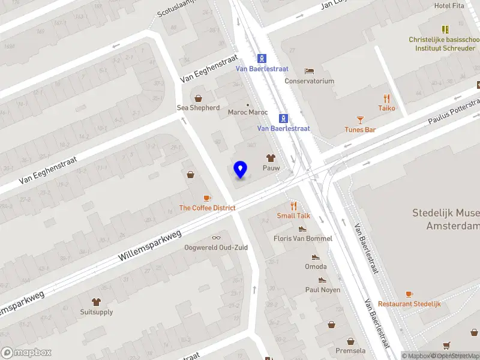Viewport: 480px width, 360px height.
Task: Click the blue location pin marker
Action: click(x=241, y=170)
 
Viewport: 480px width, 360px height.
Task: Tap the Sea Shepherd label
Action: click(x=198, y=108)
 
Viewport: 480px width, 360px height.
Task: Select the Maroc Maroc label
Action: click(x=248, y=112)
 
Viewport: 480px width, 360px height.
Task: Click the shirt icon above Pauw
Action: click(x=271, y=158)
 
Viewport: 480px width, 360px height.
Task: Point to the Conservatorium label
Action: click(x=309, y=81)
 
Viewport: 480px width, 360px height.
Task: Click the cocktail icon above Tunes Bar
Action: click(x=360, y=120)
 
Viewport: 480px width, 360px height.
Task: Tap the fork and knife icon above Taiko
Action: click(x=387, y=98)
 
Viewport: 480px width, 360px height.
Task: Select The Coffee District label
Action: click(x=207, y=208)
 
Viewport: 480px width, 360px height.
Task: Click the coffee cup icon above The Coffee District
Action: click(x=207, y=198)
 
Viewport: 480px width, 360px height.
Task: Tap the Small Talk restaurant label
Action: click(x=293, y=215)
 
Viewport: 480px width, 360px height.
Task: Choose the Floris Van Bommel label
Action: click(x=302, y=238)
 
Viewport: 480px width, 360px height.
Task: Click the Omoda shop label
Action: click(x=316, y=266)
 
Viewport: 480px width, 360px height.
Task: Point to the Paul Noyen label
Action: click(x=322, y=290)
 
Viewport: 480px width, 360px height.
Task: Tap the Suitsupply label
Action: click(x=96, y=312)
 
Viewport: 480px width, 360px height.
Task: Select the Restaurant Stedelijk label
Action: click(x=409, y=304)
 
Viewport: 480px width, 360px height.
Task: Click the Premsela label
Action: click(x=334, y=350)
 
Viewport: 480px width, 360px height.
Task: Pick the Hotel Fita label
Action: click(x=450, y=6)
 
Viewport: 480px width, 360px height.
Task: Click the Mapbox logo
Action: click(x=26, y=353)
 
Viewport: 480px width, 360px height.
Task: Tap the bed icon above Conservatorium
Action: click(x=309, y=71)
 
